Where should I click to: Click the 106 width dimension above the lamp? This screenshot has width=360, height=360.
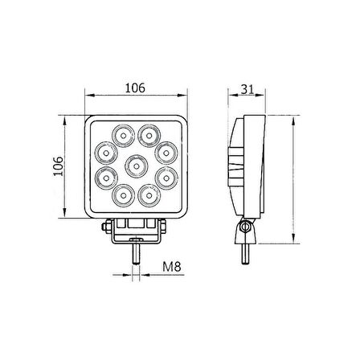(134, 88)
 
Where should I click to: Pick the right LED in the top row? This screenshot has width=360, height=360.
(147, 133)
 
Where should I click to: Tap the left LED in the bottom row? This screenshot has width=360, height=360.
(123, 196)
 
